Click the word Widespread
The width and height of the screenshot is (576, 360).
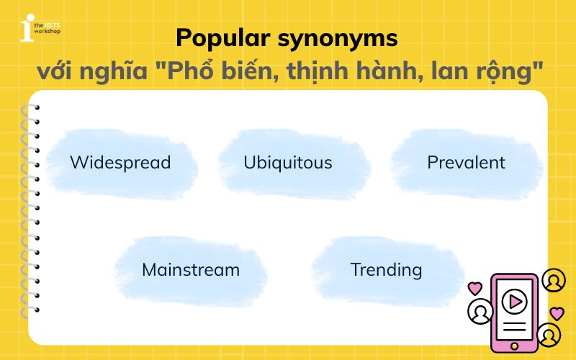point(120,162)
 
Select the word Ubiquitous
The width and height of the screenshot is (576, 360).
point(288,162)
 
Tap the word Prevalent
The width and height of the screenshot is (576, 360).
point(466,162)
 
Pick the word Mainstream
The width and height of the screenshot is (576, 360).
point(191,270)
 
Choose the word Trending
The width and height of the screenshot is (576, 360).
point(386,270)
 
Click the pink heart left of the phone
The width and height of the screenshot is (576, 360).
point(474,288)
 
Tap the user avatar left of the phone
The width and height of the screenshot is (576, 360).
point(480,312)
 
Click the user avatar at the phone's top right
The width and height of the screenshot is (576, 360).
point(554,280)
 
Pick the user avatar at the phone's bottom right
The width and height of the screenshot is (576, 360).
point(549,335)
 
